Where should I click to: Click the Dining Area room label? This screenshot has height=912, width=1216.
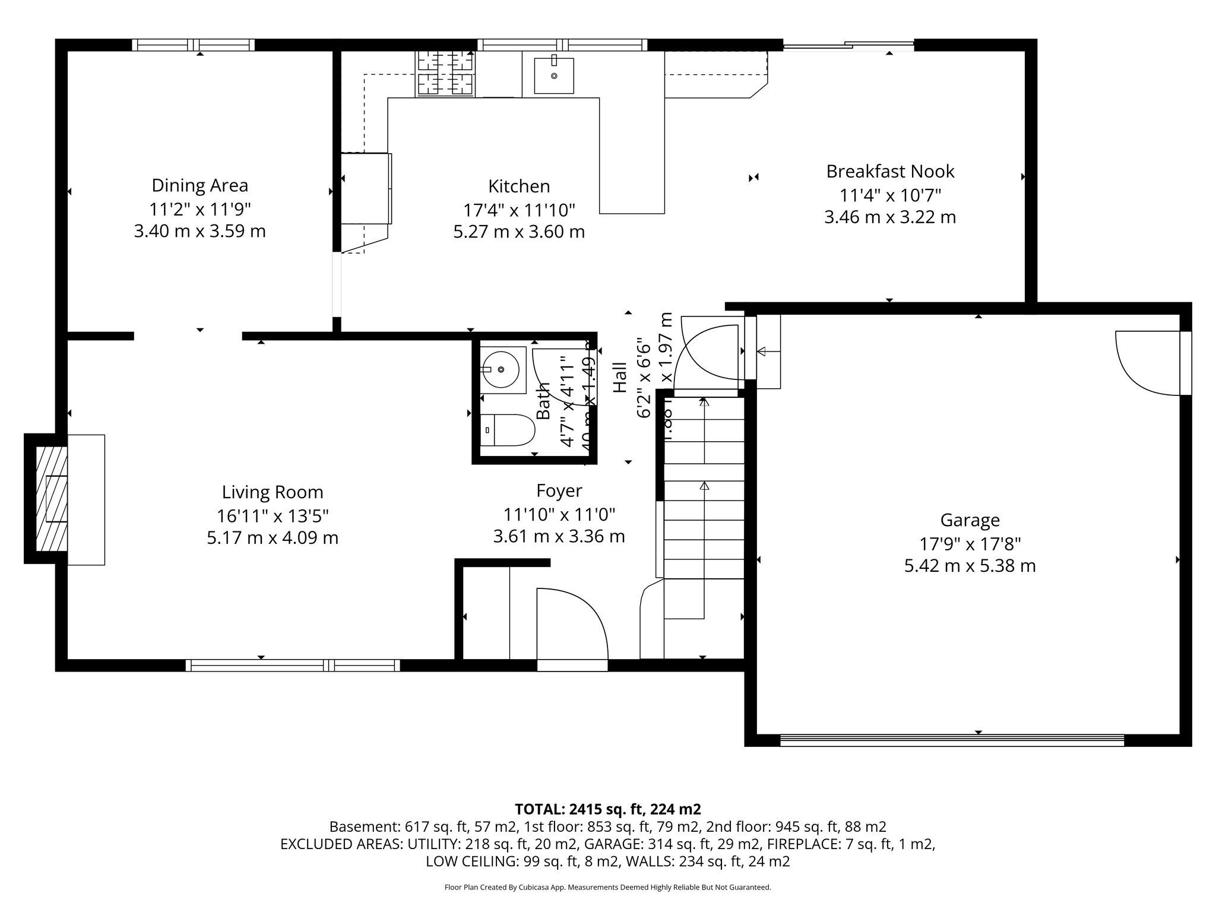point(199,185)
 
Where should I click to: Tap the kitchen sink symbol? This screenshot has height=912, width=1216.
point(553,75)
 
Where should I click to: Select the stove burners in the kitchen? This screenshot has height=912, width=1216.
point(445,73)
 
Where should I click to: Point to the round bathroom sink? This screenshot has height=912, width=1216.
point(502,369)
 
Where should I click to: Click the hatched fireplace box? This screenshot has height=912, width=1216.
point(51,499)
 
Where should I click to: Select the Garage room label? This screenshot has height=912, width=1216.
point(970,520)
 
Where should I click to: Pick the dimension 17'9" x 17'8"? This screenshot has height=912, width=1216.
point(970,543)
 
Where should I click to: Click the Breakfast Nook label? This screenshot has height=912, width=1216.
point(890,172)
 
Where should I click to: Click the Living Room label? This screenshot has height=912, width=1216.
point(273,492)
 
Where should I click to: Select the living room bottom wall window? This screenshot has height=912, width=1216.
point(292,665)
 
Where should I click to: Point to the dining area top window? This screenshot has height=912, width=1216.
point(193,45)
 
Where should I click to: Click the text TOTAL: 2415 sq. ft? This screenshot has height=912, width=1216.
point(607,809)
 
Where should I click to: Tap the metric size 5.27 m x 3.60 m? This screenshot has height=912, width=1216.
point(519,232)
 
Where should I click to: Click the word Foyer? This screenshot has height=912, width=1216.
point(559,490)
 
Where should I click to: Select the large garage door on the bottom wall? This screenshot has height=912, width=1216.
point(951,740)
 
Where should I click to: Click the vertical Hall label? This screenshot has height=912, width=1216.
point(619,377)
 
